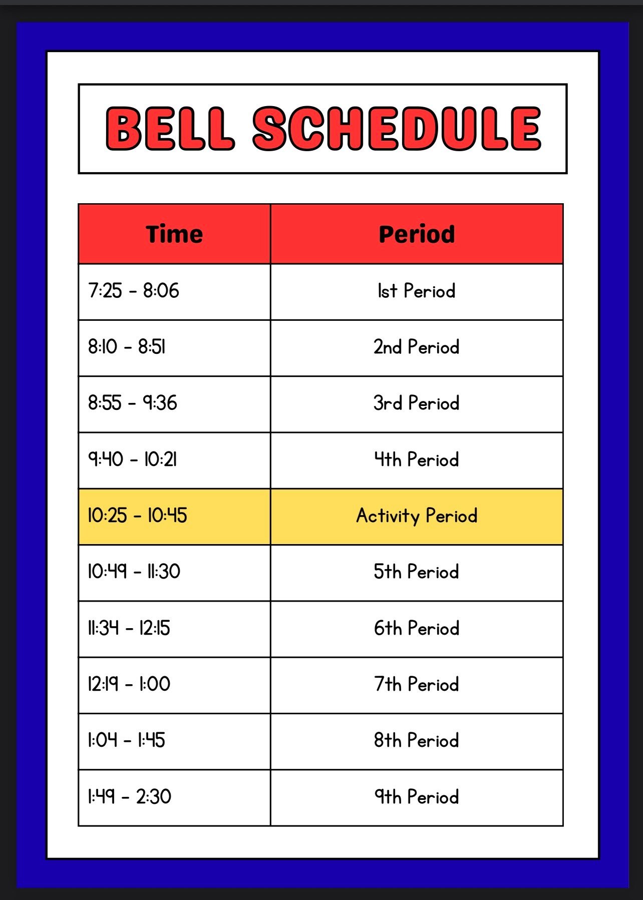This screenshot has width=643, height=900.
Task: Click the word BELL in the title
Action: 170,128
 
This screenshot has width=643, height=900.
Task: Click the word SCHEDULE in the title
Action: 397,128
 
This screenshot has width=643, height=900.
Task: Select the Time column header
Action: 174,234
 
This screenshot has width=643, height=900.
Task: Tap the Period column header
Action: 417,234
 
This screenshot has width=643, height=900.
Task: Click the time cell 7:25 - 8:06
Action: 134,291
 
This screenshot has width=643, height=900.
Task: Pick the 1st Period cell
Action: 417,291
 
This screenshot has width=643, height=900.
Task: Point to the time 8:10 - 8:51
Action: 127,347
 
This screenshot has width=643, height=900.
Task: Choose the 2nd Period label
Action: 417,347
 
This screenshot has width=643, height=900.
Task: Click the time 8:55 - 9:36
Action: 133,403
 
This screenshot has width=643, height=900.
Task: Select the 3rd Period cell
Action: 417,403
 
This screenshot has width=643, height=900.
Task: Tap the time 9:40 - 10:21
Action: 133,460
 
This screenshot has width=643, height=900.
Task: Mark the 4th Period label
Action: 417,460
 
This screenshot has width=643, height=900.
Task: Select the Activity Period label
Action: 417,516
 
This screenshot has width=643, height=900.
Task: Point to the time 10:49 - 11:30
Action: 134,572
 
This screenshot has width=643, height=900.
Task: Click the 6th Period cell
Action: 417,628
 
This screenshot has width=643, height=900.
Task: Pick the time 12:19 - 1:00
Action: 129,684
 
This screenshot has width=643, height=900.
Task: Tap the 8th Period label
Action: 417,740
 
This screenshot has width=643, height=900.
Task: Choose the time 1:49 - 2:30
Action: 130,796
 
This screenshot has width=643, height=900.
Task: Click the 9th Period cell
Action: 417,796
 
